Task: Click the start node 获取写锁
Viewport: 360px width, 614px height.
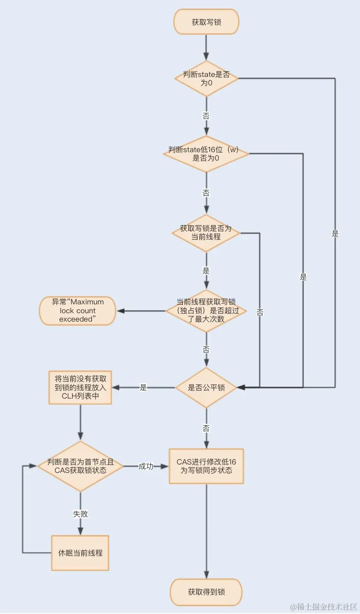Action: pyautogui.click(x=207, y=22)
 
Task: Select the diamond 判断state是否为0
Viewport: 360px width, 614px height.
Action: pyautogui.click(x=207, y=78)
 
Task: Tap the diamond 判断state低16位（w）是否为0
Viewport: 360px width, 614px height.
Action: pyautogui.click(x=206, y=153)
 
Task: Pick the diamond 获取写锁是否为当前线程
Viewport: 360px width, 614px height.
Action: pyautogui.click(x=206, y=233)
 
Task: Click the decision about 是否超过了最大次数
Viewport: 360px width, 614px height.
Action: pyautogui.click(x=206, y=311)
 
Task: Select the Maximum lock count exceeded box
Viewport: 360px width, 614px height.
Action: pyautogui.click(x=77, y=311)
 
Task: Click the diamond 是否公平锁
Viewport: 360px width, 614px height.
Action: pyautogui.click(x=206, y=388)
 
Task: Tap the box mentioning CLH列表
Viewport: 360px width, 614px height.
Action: pyautogui.click(x=80, y=388)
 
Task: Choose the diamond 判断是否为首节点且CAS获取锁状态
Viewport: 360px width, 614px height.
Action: pyautogui.click(x=80, y=466)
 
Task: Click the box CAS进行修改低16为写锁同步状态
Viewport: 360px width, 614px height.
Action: pyautogui.click(x=206, y=466)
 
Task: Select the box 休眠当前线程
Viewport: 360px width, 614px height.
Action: pyautogui.click(x=80, y=553)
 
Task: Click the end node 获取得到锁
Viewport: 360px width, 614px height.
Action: pyautogui.click(x=206, y=591)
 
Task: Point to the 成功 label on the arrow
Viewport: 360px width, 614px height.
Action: pyautogui.click(x=146, y=466)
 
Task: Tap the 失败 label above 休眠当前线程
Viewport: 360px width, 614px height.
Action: pyautogui.click(x=80, y=514)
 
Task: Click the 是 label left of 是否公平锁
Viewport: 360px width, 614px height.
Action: pyautogui.click(x=143, y=388)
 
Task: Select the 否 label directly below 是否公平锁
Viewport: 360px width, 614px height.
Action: pyautogui.click(x=206, y=428)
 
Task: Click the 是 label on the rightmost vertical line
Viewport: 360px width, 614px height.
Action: pyautogui.click(x=335, y=234)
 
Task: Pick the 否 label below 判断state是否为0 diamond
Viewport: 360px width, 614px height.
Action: pyautogui.click(x=206, y=116)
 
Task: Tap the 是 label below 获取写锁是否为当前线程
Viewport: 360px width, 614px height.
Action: pyautogui.click(x=206, y=271)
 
